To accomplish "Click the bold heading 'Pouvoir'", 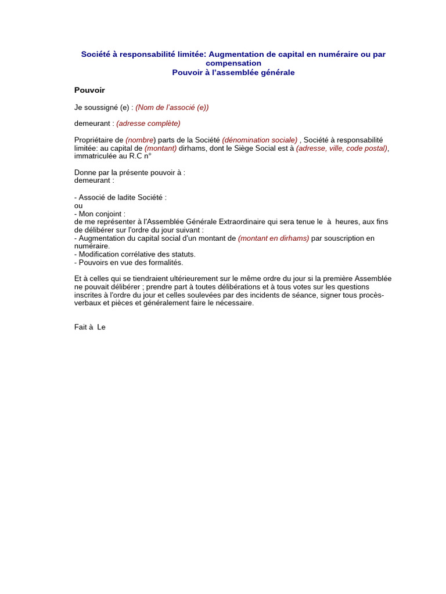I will (89, 90).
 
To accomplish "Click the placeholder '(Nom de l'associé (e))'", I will (172, 107).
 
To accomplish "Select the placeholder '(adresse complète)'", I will (148, 123).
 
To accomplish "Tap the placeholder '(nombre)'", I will (141, 140).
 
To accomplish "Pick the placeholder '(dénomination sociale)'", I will (260, 140).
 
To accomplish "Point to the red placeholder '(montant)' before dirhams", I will (160, 148).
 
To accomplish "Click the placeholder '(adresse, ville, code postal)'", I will (341, 148).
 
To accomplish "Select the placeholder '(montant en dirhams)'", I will (274, 238).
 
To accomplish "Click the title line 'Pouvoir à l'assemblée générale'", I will (233, 73).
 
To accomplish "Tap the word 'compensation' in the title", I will (233, 63).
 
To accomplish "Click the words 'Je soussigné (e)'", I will (102, 107).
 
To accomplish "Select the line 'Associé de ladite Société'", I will (122, 197).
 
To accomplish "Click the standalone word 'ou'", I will (78, 205).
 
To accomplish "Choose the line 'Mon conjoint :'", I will (102, 213).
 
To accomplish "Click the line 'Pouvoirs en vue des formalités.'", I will (130, 262).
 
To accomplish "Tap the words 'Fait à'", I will (84, 327).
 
